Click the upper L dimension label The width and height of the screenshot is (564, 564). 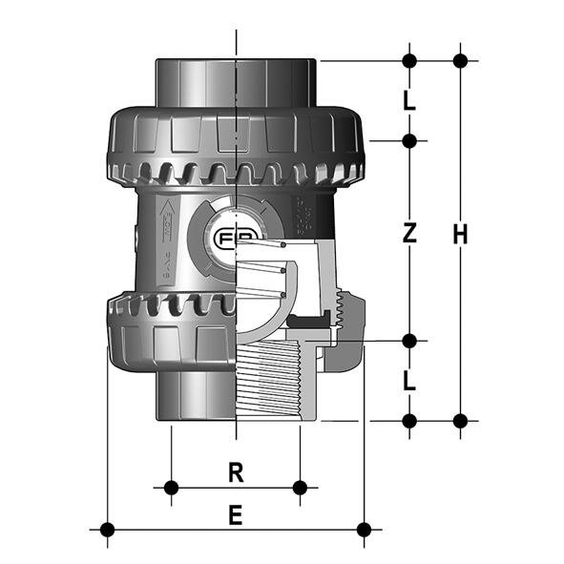pyautogui.click(x=408, y=100)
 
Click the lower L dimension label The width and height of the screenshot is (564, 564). pyautogui.click(x=408, y=381)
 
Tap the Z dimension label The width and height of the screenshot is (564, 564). pyautogui.click(x=408, y=234)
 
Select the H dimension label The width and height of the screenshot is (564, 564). pyautogui.click(x=460, y=234)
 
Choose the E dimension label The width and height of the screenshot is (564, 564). pyautogui.click(x=236, y=515)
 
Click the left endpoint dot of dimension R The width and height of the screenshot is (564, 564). pyautogui.click(x=171, y=488)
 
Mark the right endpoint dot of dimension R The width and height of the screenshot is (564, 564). pyautogui.click(x=300, y=488)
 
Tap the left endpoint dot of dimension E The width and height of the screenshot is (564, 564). pyautogui.click(x=107, y=529)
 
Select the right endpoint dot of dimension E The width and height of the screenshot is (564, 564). pyautogui.click(x=363, y=529)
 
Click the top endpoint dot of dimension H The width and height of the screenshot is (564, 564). pyautogui.click(x=460, y=60)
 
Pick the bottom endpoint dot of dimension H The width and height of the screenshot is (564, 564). pyautogui.click(x=460, y=420)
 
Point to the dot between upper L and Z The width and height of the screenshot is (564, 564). pyautogui.click(x=408, y=141)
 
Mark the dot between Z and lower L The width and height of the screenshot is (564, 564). pyautogui.click(x=408, y=341)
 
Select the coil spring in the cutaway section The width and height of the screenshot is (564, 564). pyautogui.click(x=282, y=272)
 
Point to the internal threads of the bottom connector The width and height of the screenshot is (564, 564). pyautogui.click(x=277, y=382)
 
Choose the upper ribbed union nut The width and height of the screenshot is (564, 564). pyautogui.click(x=234, y=143)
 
